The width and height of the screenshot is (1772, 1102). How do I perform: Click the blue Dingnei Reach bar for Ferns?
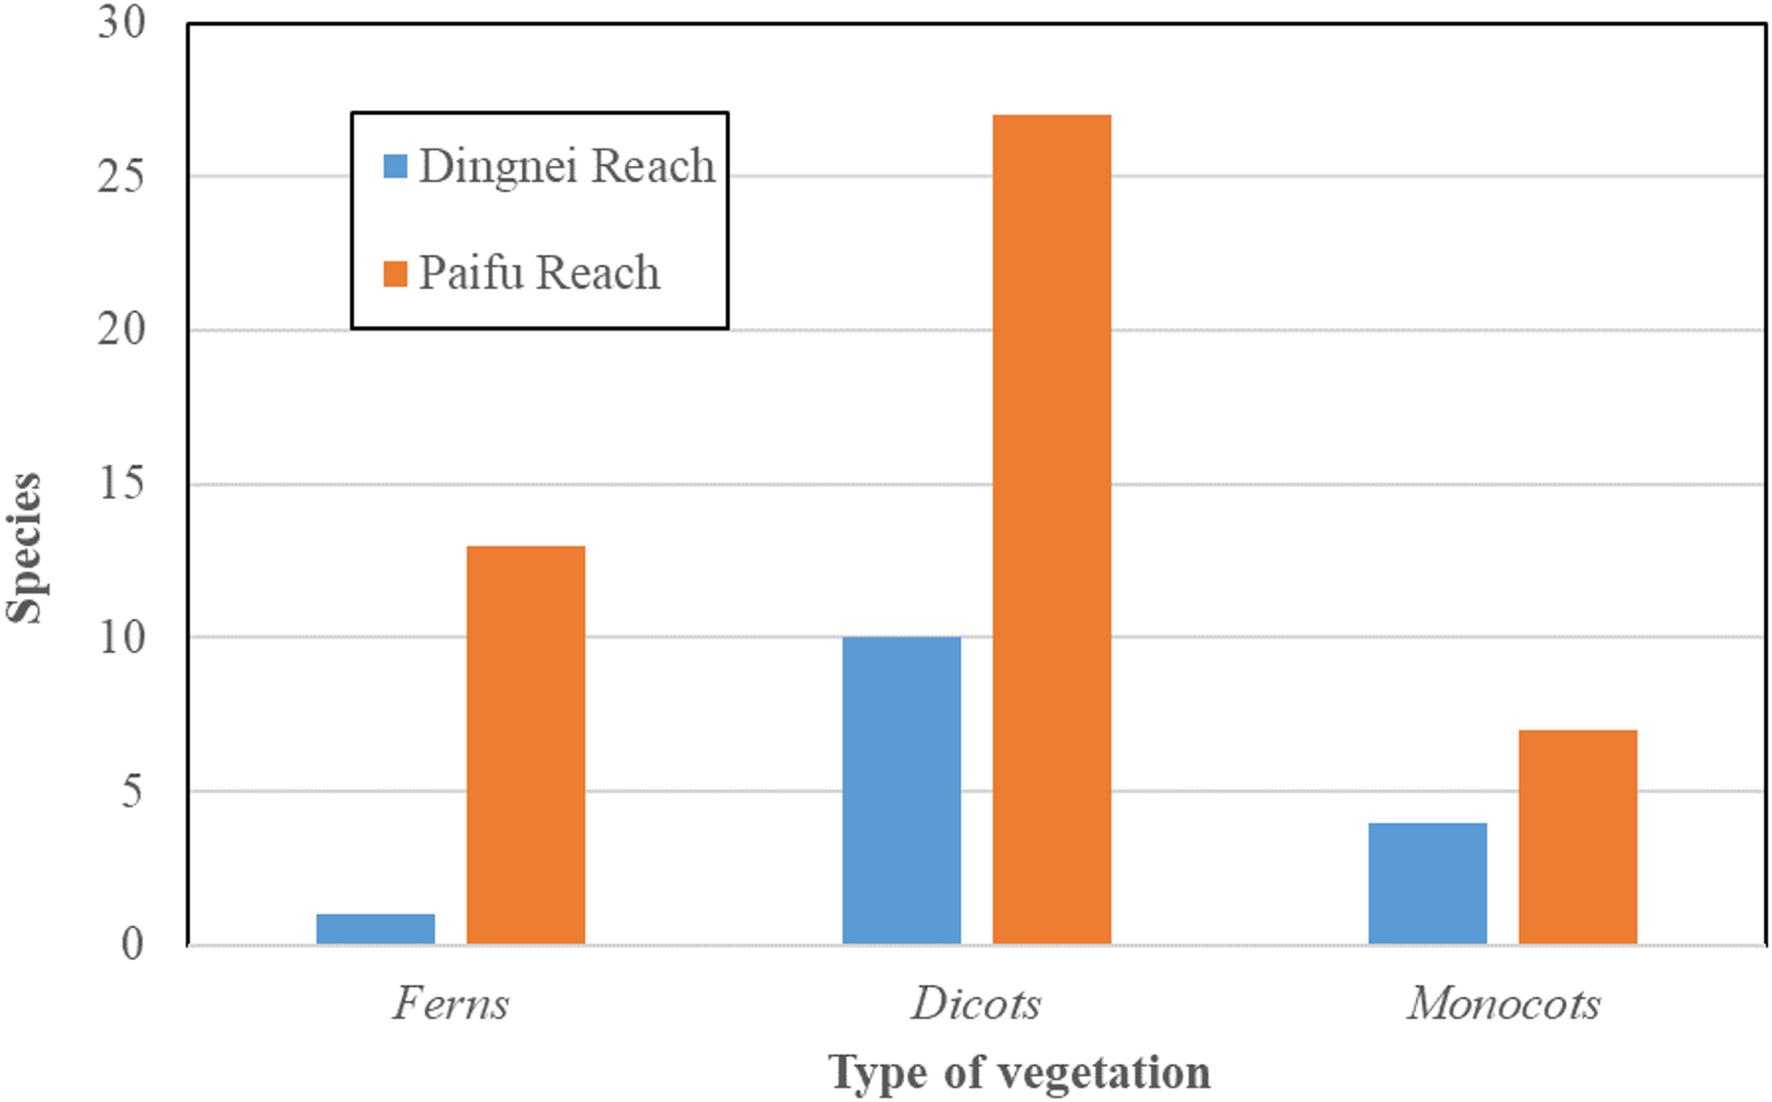pyautogui.click(x=375, y=929)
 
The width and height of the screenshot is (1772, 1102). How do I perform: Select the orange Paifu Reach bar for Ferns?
pyautogui.click(x=525, y=746)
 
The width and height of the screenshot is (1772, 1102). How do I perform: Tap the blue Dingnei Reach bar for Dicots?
pyautogui.click(x=901, y=791)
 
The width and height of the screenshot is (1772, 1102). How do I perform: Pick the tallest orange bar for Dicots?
pyautogui.click(x=1051, y=529)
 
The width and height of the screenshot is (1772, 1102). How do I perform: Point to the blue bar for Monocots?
pyautogui.click(x=1427, y=883)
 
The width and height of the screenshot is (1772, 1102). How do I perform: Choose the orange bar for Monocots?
pyautogui.click(x=1577, y=837)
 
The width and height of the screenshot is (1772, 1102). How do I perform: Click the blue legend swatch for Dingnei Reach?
pyautogui.click(x=395, y=166)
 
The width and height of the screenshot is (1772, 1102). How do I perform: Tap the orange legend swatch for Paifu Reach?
pyautogui.click(x=395, y=274)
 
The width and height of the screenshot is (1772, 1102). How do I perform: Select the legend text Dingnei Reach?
pyautogui.click(x=567, y=166)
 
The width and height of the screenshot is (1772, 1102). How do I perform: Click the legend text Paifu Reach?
pyautogui.click(x=538, y=273)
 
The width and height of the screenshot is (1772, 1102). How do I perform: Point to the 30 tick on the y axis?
pyautogui.click(x=121, y=23)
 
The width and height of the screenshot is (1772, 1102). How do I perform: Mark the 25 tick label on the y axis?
pyautogui.click(x=121, y=176)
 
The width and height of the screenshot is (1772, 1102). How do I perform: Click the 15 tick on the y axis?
pyautogui.click(x=121, y=484)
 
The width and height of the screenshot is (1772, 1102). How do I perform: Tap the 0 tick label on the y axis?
pyautogui.click(x=131, y=944)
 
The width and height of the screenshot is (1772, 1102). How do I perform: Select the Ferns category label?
pyautogui.click(x=451, y=1003)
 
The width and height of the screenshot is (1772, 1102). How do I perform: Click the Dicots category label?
pyautogui.click(x=976, y=1003)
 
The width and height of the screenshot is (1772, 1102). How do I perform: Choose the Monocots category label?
pyautogui.click(x=1503, y=1003)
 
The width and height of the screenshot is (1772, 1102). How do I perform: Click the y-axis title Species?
pyautogui.click(x=25, y=548)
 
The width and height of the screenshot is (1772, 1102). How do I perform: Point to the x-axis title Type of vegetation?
pyautogui.click(x=1019, y=1073)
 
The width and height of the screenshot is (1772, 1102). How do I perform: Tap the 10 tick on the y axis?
pyautogui.click(x=121, y=638)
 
